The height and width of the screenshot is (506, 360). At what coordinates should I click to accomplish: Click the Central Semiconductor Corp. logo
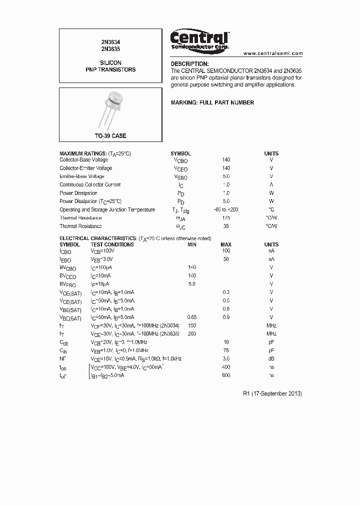click(200, 39)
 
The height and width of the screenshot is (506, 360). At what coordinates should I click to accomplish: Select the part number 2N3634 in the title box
click(110, 43)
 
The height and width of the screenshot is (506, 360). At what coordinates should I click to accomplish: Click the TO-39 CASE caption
click(110, 136)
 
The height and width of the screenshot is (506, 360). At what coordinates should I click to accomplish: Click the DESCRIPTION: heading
click(189, 64)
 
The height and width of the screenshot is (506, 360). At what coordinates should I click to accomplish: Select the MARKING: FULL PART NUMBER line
click(212, 102)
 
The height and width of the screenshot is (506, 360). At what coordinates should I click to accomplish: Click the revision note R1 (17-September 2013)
click(272, 393)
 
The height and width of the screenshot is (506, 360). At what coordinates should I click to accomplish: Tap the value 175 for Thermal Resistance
click(226, 218)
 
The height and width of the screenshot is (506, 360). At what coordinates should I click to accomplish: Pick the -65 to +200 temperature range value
click(226, 209)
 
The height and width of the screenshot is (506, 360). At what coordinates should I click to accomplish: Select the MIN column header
click(192, 244)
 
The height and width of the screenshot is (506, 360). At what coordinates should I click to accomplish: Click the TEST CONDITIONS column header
click(112, 244)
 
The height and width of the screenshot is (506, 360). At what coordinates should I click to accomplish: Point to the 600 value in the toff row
click(226, 375)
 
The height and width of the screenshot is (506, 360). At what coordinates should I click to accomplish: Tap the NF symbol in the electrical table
click(63, 358)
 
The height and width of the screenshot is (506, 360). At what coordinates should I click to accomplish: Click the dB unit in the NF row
click(271, 358)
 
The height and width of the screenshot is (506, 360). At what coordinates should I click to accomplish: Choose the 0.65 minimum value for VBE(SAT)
click(192, 317)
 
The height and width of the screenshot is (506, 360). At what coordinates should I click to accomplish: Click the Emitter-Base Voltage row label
click(82, 176)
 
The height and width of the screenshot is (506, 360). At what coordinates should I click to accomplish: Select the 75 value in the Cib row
click(226, 350)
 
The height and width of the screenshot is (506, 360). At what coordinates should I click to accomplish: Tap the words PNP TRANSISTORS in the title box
click(110, 70)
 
